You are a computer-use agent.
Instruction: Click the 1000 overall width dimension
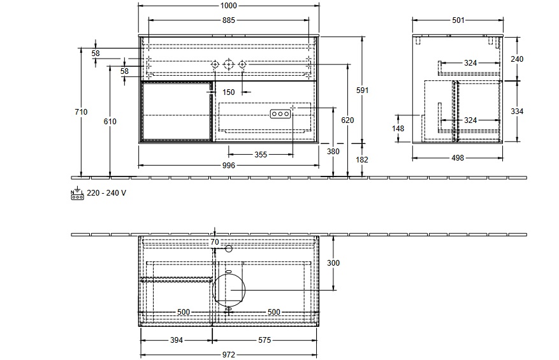click(229, 5)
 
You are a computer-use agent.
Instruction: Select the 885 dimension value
click(229, 20)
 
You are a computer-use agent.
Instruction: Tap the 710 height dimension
click(82, 112)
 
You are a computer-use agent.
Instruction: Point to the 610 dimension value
click(110, 122)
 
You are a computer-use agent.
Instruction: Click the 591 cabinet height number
click(362, 90)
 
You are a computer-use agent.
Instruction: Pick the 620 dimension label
click(347, 120)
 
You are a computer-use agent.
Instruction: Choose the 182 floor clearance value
click(362, 160)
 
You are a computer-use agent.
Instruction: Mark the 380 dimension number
click(333, 152)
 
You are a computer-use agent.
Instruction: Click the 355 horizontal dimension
click(261, 155)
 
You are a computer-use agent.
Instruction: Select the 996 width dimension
click(229, 166)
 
